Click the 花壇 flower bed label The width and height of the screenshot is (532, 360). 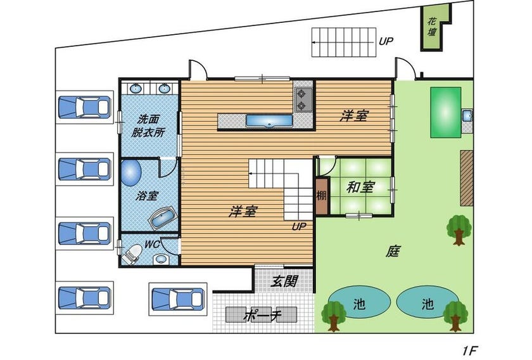pyautogui.click(x=432, y=27)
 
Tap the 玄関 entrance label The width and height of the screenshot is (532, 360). pyautogui.click(x=284, y=281)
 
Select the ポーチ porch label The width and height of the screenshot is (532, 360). pyautogui.click(x=262, y=315)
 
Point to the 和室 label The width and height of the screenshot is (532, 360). pyautogui.click(x=360, y=187)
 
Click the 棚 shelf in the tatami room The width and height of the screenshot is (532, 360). pyautogui.click(x=322, y=196)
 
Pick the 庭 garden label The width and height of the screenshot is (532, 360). pyautogui.click(x=393, y=252)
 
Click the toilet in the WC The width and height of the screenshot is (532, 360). pyautogui.click(x=132, y=254)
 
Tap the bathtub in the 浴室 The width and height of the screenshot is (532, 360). pyautogui.click(x=162, y=217)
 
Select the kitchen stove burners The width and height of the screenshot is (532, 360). pyautogui.click(x=301, y=100)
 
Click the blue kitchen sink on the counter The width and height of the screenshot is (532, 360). pyautogui.click(x=269, y=120)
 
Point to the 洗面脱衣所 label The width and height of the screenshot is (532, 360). pyautogui.click(x=148, y=125)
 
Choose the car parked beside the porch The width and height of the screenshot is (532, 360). pyautogui.click(x=178, y=299)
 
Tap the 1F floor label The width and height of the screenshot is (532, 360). pyautogui.click(x=470, y=350)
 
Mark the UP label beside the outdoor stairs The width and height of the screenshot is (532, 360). pyautogui.click(x=386, y=41)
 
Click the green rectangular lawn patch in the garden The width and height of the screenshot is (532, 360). pyautogui.click(x=446, y=112)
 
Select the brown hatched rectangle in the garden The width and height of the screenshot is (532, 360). pyautogui.click(x=467, y=178)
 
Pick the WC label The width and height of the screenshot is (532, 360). pyautogui.click(x=151, y=244)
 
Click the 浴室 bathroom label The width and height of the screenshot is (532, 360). pyautogui.click(x=147, y=196)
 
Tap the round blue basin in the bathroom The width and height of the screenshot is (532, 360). pyautogui.click(x=131, y=173)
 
